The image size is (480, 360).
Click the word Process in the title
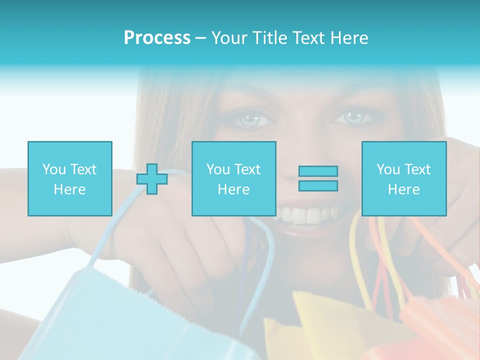click(157, 38)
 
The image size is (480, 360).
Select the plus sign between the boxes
click(152, 179)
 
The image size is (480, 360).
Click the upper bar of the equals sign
click(318, 171)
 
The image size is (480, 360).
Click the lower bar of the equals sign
click(318, 186)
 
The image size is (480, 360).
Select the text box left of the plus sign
click(69, 178)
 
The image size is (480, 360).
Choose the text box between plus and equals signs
click(233, 178)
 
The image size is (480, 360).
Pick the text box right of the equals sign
click(403, 178)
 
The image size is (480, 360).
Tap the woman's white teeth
click(305, 215)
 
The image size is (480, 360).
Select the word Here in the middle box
click(233, 189)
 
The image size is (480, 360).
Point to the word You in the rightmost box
click(388, 169)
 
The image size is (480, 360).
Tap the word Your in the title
click(230, 38)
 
